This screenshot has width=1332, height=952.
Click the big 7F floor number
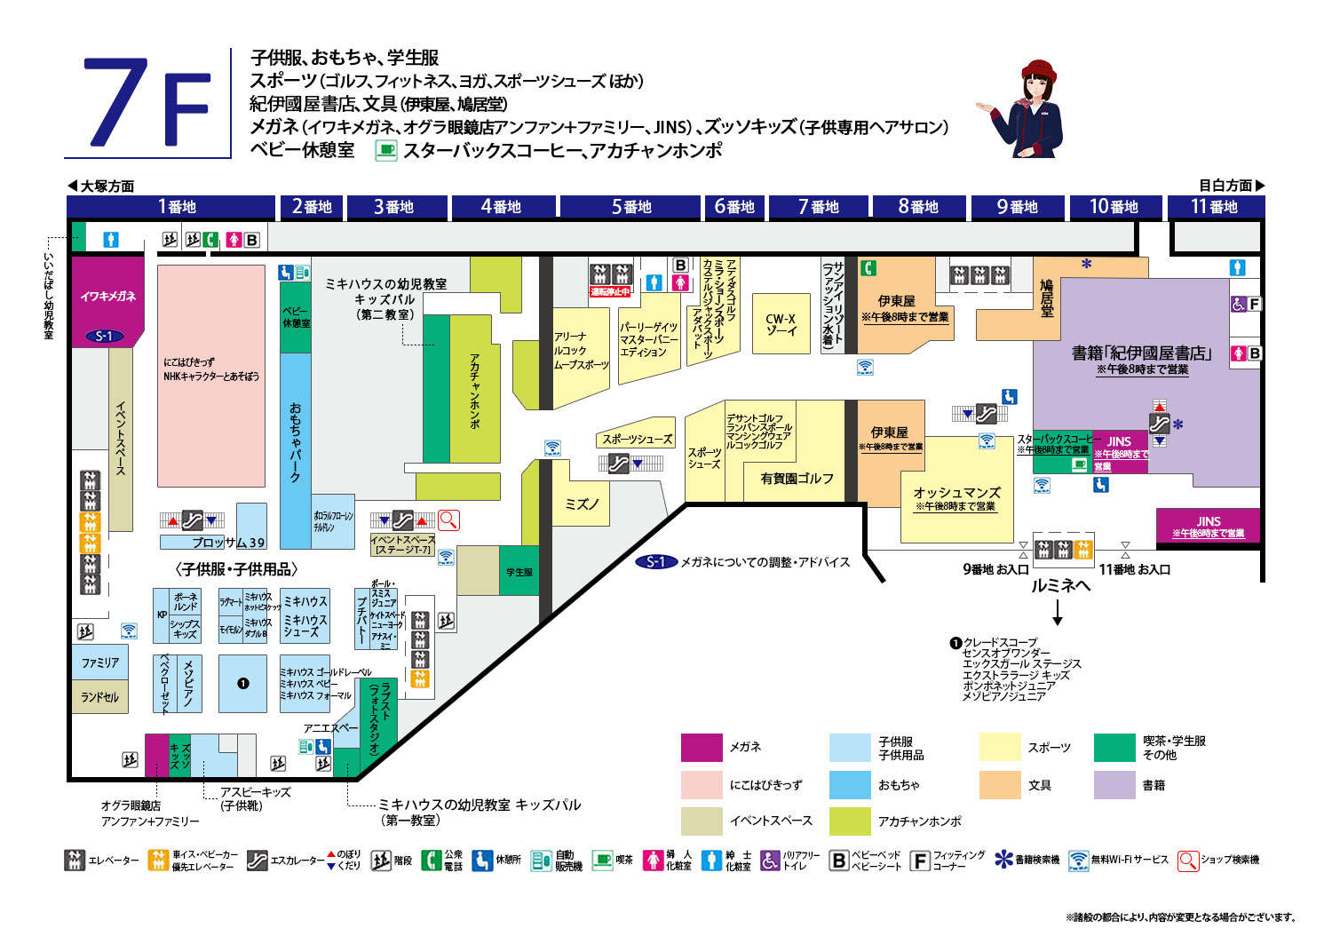147,103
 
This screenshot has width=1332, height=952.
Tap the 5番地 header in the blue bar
630,207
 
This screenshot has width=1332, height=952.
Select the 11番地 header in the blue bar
1214,207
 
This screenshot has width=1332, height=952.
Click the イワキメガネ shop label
107,296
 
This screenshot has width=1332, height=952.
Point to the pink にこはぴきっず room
211,373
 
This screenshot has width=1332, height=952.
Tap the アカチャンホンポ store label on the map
474,391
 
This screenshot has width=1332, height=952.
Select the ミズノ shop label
582,504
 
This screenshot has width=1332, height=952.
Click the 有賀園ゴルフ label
797,479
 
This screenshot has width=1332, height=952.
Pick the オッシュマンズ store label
956,494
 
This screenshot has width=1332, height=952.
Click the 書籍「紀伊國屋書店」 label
1141,353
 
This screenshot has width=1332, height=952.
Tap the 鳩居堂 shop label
1047,298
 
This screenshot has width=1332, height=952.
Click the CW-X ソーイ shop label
781,324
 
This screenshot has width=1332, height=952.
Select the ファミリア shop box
100,662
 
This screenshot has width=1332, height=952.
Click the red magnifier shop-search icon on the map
448,520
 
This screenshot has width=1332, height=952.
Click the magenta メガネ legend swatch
702,748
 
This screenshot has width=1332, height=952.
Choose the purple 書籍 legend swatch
1114,785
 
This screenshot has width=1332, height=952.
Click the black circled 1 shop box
242,683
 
